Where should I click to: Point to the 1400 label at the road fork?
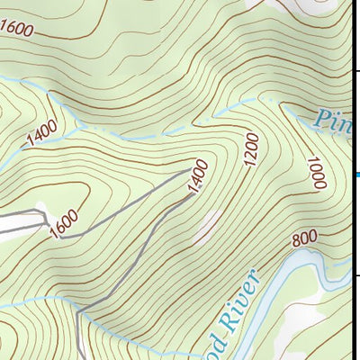coord(199,176)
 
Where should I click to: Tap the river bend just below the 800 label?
coord(306,261)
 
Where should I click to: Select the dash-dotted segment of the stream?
coord(216,115)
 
